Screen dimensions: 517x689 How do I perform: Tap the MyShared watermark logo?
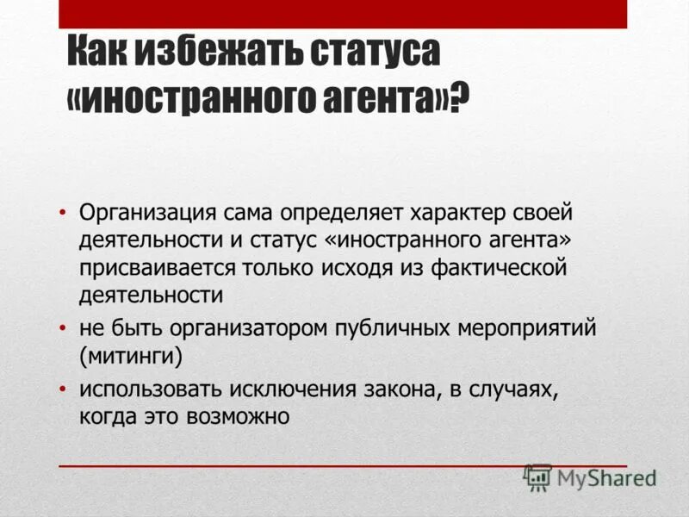[589, 477]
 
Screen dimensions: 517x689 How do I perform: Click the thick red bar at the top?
[343, 14]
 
